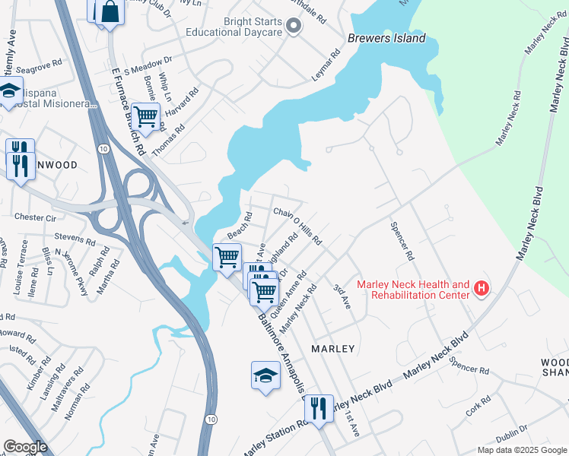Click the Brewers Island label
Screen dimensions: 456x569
point(386,39)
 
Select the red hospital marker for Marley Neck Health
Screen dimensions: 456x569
point(481,289)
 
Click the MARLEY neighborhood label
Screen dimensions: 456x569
point(333,349)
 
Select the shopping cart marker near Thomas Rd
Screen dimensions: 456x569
point(145,117)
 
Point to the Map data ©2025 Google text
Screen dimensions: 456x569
point(521,450)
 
